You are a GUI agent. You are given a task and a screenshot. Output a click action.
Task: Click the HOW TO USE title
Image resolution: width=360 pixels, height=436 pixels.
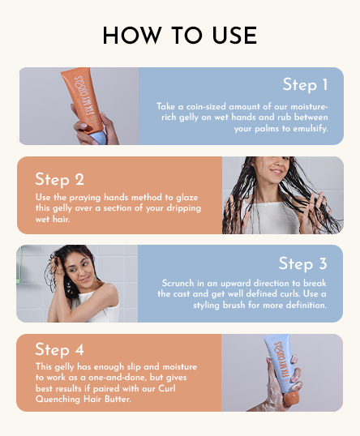click(x=179, y=36)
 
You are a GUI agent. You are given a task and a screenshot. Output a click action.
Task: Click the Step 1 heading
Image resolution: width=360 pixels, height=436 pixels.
click(x=305, y=84)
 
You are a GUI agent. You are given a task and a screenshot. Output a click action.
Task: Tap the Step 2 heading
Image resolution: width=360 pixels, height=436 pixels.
click(x=59, y=179)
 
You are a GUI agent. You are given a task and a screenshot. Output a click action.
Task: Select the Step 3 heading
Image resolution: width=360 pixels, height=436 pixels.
click(x=302, y=263)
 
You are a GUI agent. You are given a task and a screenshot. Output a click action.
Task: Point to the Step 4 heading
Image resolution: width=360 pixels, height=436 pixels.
click(x=59, y=349)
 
